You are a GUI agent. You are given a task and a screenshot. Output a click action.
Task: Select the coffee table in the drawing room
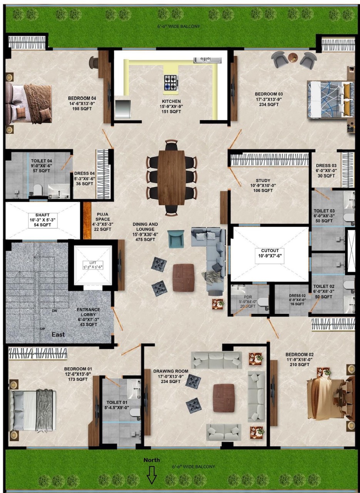[x=224, y=397]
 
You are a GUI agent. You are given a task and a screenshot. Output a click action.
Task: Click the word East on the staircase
[x=59, y=334]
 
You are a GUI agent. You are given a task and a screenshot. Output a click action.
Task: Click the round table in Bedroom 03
[x=293, y=58]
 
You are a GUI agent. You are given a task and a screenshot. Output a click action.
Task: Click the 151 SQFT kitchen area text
[x=171, y=112]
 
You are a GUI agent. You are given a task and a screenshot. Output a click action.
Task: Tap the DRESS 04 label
[x=84, y=179]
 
